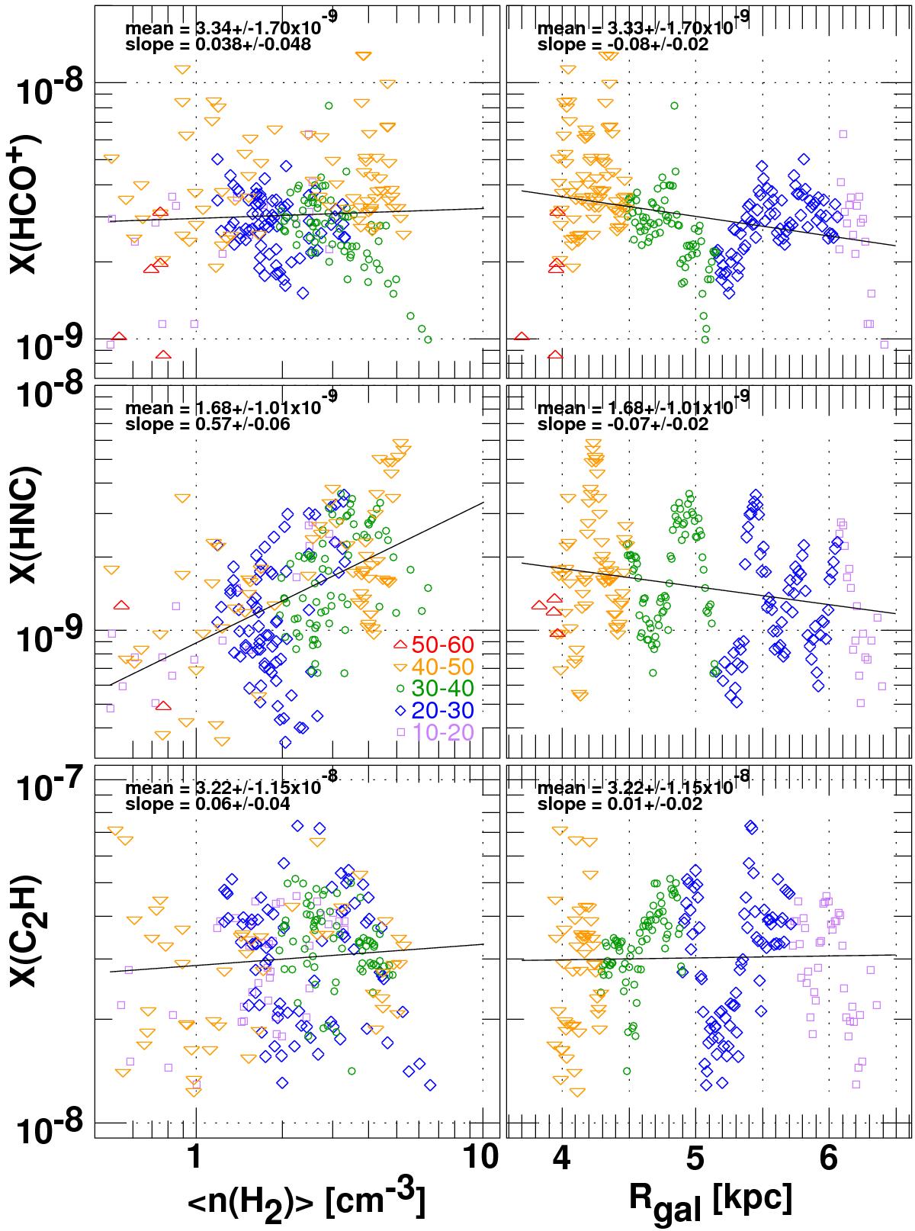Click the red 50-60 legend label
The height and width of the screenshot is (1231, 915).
point(442,644)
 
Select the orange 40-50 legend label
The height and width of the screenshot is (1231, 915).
point(442,667)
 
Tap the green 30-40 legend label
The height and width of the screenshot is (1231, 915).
point(442,689)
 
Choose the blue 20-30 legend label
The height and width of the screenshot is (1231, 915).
point(442,711)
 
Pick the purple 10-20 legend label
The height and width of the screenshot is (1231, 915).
point(442,733)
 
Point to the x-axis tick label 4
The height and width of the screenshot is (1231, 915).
point(562,1156)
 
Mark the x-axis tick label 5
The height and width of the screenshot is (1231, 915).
point(695,1156)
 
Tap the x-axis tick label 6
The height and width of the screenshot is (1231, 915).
point(828,1156)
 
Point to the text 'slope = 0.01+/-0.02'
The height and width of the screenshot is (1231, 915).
point(619,805)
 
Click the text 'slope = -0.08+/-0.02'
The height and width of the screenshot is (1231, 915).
point(623,44)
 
